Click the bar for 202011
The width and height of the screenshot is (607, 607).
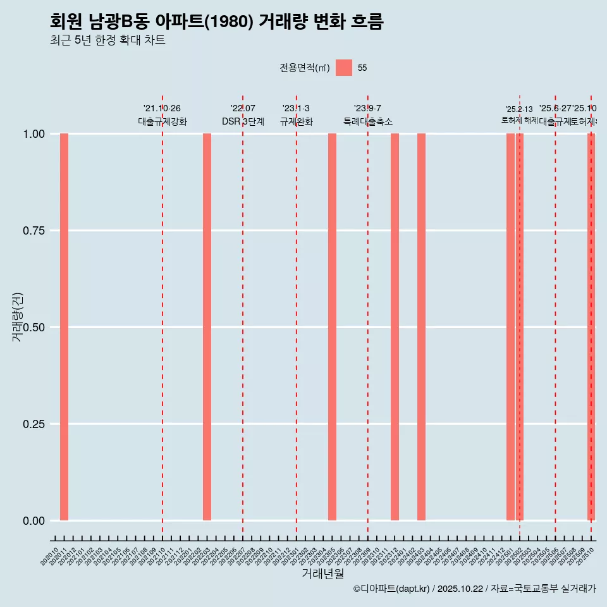coord(64,327)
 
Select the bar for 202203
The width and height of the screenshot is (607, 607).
coord(207,327)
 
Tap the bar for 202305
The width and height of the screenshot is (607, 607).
coord(332,327)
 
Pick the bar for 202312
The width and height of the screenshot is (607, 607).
coord(395,327)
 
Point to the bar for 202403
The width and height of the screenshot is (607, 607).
coord(421,327)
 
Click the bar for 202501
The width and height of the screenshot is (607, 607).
coord(510,327)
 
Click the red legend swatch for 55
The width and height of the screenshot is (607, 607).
coord(344,68)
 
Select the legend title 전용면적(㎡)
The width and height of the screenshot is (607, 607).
coord(305,68)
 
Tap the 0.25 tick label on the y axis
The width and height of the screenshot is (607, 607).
coord(34,424)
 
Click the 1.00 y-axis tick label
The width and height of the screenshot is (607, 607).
coord(34,134)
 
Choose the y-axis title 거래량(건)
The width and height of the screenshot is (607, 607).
coord(18,317)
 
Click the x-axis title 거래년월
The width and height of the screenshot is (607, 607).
coord(323,573)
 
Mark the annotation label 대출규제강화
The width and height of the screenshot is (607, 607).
coord(162,121)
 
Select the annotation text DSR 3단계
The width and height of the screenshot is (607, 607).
coord(243,121)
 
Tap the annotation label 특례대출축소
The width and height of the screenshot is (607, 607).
coord(368,121)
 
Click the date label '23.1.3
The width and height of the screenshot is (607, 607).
coord(296,109)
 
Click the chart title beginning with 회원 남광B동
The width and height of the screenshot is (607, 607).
coord(216,21)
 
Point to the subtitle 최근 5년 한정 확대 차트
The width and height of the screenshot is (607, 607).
coord(107,40)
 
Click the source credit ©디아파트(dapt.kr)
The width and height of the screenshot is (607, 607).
coord(391,589)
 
